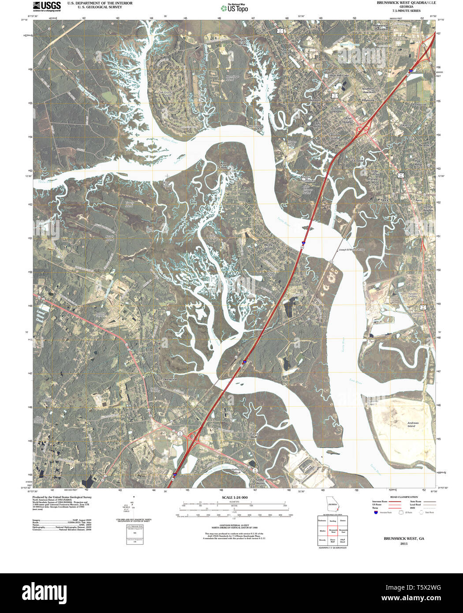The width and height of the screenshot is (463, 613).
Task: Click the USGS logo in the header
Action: coord(46,6)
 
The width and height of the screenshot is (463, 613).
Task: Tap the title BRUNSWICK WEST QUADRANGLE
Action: coord(406,3)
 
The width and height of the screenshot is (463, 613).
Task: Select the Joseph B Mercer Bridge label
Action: coord(351,250)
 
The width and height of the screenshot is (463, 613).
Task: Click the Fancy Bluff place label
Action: coord(254,435)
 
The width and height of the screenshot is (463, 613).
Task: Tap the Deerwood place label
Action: coord(170,379)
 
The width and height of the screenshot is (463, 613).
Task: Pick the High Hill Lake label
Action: coord(339,76)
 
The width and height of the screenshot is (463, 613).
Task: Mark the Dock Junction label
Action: coord(387,202)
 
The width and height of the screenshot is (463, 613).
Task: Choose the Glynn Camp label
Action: coord(223,165)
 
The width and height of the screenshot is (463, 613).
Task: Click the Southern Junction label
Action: coord(368,90)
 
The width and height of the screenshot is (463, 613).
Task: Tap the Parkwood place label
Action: coord(419,105)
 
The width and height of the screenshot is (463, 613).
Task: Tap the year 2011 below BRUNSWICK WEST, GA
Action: coord(404,544)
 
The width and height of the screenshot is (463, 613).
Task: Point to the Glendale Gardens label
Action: coord(334,137)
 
